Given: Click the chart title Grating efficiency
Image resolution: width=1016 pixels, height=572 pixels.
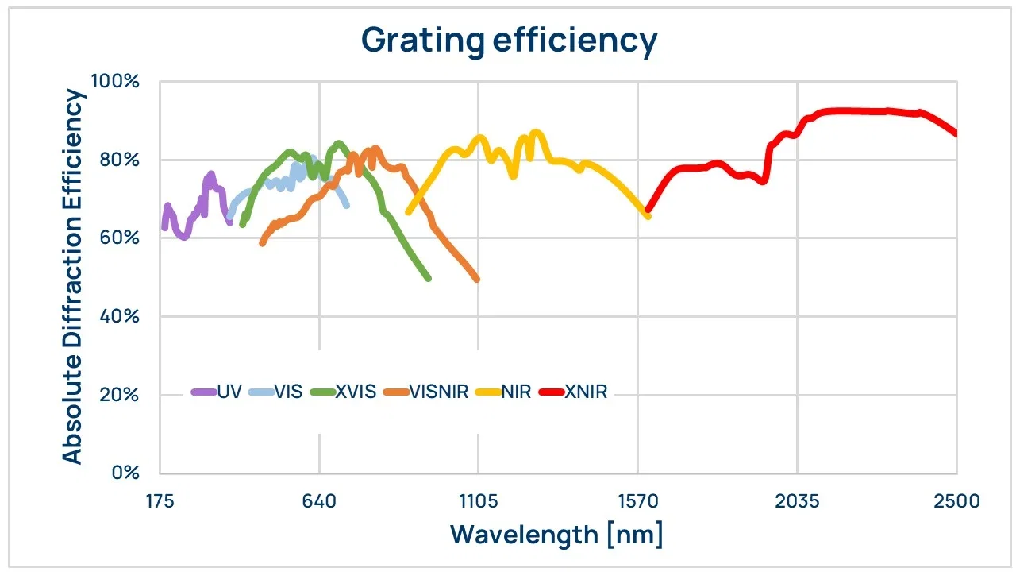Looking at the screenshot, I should pos(509,41).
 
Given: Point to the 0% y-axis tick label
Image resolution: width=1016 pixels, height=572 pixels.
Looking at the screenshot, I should pos(125,473).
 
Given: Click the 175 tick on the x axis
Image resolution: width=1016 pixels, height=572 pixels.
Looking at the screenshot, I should pos(160,501).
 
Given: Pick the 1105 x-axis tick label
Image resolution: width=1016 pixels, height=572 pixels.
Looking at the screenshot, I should pos(478,501).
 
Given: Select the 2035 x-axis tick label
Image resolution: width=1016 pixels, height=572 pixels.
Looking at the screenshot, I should pos(797,501).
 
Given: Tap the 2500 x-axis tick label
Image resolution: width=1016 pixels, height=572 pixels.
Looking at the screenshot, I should pos(956,501).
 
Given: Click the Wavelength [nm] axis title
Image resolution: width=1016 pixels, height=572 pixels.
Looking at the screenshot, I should pos(556,534).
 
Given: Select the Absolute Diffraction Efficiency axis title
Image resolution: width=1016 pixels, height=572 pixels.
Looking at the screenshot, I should pos(73,276).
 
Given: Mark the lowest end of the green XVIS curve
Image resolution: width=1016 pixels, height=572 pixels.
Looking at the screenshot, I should pos(429,278).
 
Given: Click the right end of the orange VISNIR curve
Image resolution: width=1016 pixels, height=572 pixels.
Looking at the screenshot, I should pos(477,279).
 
